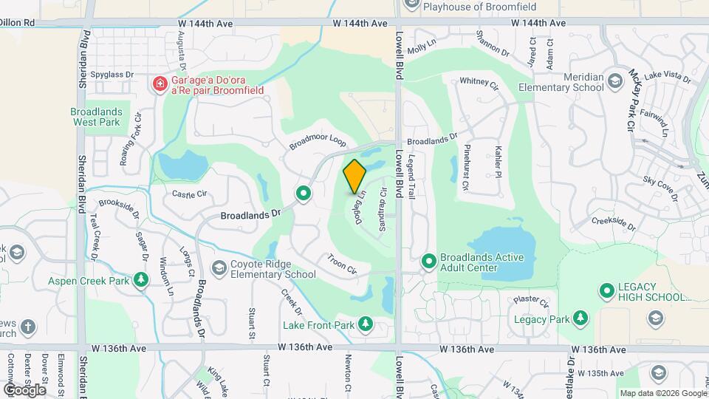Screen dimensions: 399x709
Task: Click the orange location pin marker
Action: [x=355, y=177]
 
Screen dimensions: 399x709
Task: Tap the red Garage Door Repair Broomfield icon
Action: [x=159, y=84]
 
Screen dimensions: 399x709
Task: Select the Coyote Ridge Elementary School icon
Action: [x=219, y=267]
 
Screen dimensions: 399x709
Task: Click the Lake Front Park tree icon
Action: [x=365, y=324]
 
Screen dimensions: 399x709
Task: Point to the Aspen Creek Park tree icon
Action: [x=141, y=281]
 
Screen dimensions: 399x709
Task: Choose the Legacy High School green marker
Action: [x=607, y=291]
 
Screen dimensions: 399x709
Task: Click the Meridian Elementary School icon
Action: [x=615, y=78]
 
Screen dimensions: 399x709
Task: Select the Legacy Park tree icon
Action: [x=581, y=319]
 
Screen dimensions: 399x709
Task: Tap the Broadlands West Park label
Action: [x=95, y=116]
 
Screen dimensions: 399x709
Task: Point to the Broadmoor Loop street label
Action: [x=318, y=142]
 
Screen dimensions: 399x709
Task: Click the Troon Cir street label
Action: [x=341, y=264]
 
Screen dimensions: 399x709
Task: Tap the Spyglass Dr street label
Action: [x=112, y=75]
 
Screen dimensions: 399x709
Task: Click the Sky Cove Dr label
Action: [x=660, y=185]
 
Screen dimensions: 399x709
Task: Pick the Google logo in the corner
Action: [x=24, y=389]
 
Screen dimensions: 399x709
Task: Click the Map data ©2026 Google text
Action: [x=662, y=393]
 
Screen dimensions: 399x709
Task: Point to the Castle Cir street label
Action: [x=189, y=194]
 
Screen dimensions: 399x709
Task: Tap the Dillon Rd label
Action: [x=18, y=23]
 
